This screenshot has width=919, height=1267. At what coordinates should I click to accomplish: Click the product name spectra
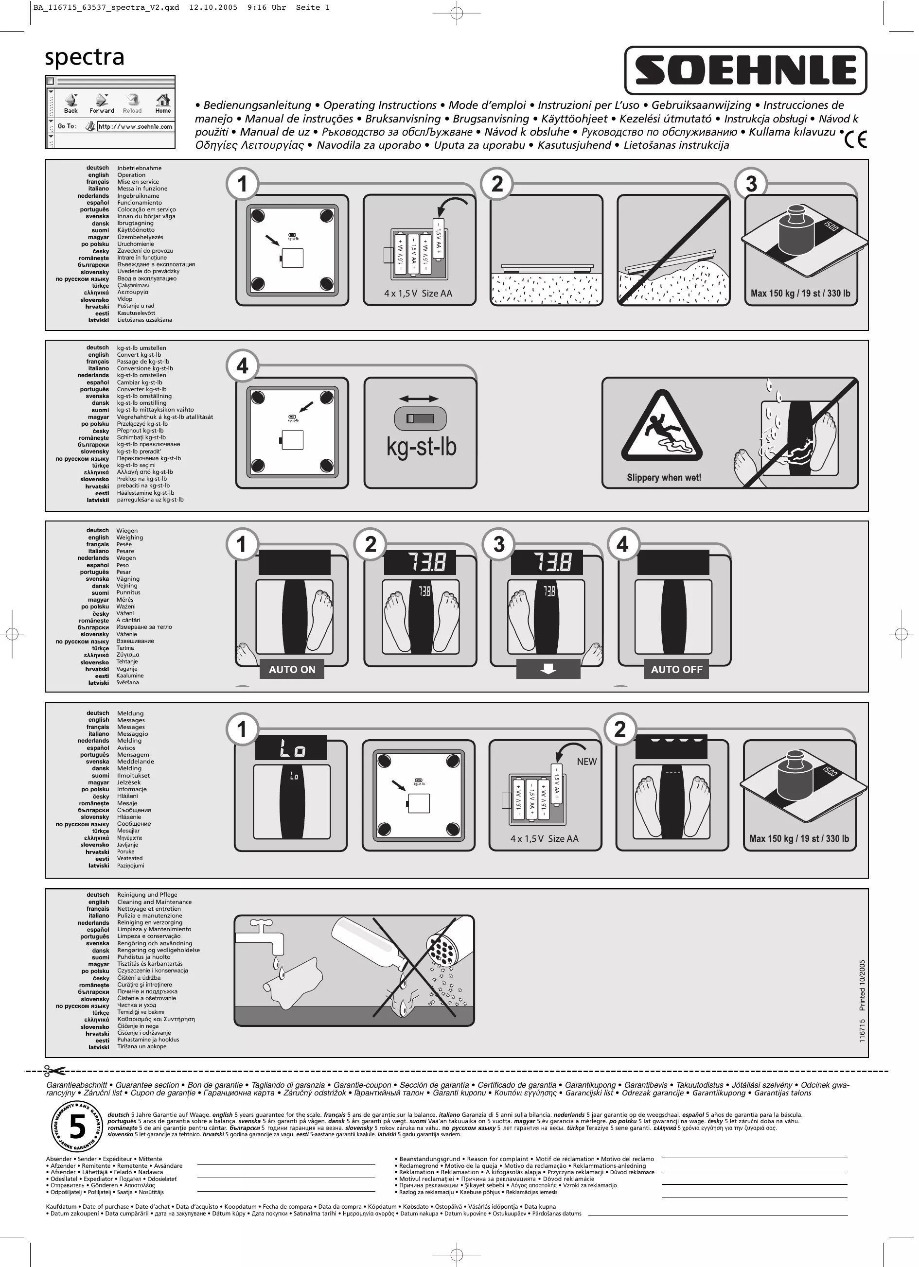click(x=85, y=57)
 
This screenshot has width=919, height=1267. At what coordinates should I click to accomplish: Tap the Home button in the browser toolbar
click(x=163, y=104)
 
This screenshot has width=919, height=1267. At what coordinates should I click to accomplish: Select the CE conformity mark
click(x=855, y=139)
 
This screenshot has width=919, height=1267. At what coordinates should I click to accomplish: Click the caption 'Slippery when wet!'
click(x=664, y=478)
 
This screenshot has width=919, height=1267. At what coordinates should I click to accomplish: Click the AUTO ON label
click(x=292, y=669)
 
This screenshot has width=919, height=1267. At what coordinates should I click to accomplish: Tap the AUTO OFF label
click(x=676, y=669)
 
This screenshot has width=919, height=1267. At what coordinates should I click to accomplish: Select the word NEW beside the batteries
click(x=586, y=762)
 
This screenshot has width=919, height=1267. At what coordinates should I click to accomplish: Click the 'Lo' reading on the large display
click(x=291, y=749)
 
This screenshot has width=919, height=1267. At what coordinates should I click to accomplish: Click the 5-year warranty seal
click(x=77, y=1127)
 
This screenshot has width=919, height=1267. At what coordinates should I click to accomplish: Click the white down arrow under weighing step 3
click(x=548, y=669)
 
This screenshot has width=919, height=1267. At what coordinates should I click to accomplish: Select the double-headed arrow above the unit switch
click(x=420, y=399)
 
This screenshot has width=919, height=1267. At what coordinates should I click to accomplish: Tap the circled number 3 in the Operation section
click(x=751, y=184)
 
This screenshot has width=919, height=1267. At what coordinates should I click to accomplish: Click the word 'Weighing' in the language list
click(x=130, y=538)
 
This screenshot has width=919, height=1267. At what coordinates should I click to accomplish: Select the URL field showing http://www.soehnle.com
click(x=135, y=127)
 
